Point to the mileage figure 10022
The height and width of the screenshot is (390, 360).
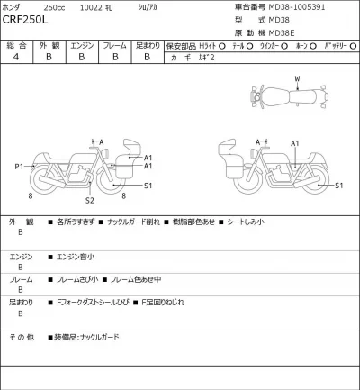pyautogui.click(x=117, y=7)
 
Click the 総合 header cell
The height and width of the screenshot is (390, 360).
pyautogui.click(x=15, y=44)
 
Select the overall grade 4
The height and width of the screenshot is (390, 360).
pyautogui.click(x=15, y=57)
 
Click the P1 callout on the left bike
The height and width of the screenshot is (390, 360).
pyautogui.click(x=19, y=167)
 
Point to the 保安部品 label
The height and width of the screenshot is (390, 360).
pyautogui.click(x=189, y=44)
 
